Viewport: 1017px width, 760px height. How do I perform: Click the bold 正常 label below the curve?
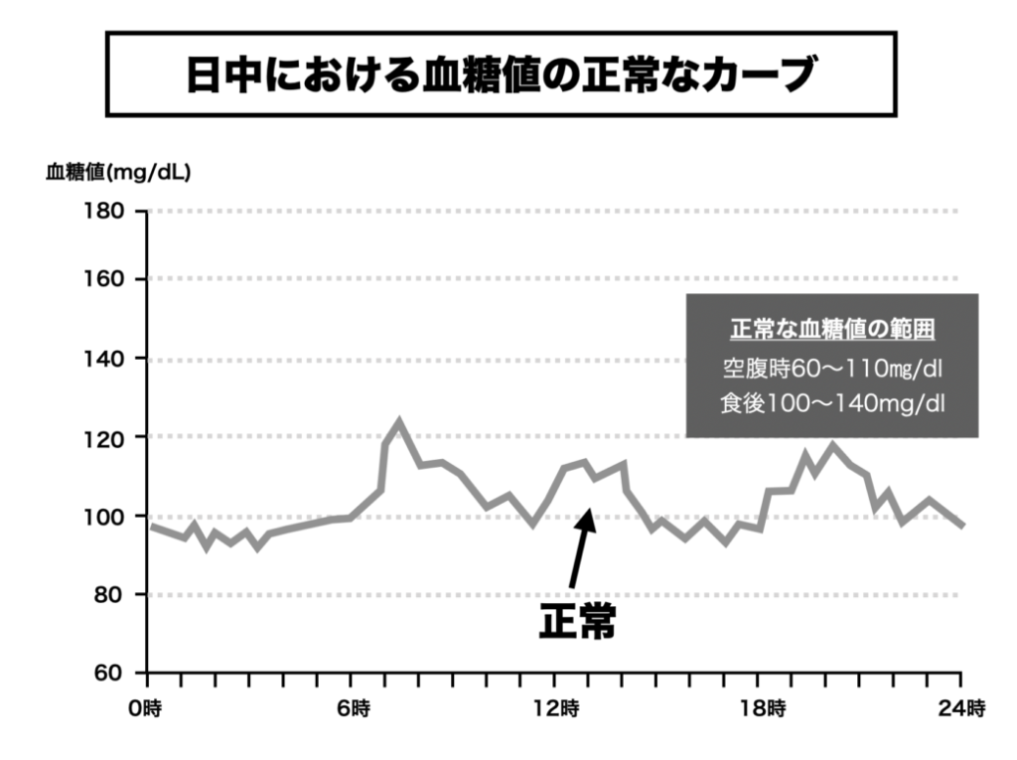[x=577, y=621]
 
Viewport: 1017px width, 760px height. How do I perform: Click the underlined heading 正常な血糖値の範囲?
[x=832, y=330]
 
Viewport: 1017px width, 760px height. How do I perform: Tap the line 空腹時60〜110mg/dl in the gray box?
[x=832, y=370]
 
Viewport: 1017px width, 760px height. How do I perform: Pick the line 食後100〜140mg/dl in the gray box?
[x=832, y=404]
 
